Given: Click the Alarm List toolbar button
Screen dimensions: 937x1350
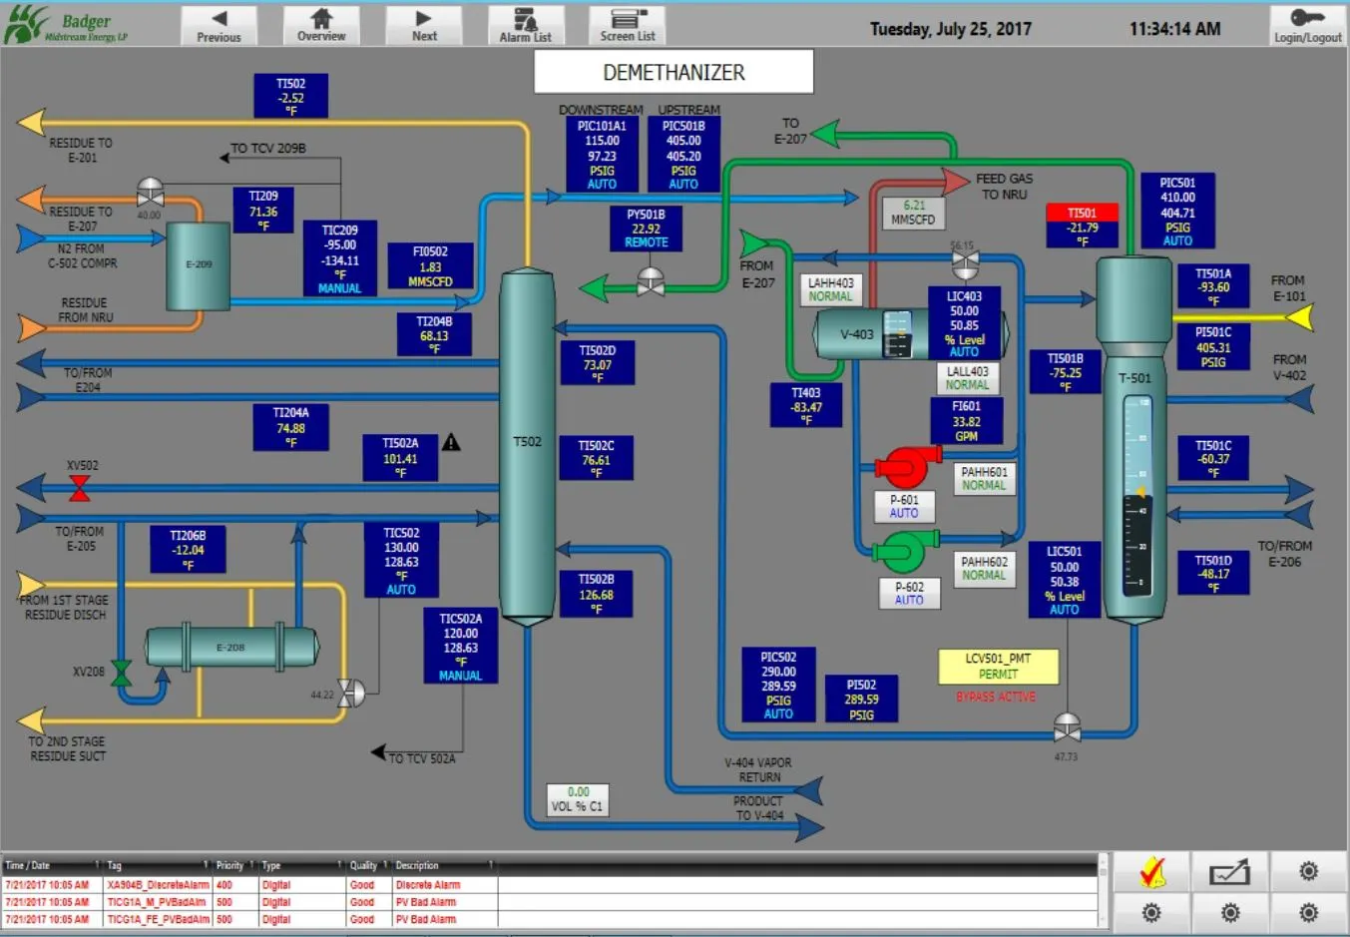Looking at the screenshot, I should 525,25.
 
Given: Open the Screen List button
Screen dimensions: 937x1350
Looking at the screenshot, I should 628,25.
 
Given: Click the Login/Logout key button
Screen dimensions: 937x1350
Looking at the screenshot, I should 1307,25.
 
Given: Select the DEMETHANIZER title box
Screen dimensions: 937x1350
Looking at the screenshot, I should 674,72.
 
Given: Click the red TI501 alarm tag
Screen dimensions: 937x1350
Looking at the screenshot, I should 1082,213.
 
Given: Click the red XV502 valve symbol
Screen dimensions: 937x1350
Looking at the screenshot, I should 80,488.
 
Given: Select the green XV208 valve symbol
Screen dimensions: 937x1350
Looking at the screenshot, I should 122,674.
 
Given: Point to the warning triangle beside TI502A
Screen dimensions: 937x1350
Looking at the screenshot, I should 451,442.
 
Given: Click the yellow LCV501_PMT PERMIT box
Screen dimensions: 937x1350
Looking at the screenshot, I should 998,667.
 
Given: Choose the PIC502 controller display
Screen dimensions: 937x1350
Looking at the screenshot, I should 778,685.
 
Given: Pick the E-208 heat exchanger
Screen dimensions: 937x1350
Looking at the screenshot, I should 231,648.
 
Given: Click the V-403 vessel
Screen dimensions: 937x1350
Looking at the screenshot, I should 858,334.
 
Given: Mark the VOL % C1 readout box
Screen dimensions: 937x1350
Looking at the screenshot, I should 578,799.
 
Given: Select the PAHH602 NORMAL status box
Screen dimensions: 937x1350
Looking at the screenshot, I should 984,568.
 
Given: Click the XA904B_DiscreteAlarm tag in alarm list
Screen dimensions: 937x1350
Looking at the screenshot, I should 158,885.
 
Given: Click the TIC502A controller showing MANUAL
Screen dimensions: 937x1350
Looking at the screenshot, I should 460,647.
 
